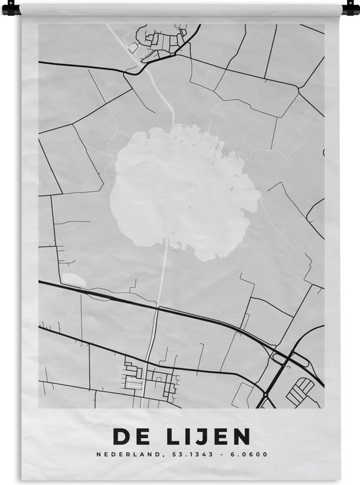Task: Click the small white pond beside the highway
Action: pos(73,279)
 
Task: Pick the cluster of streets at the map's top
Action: pos(160,43)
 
